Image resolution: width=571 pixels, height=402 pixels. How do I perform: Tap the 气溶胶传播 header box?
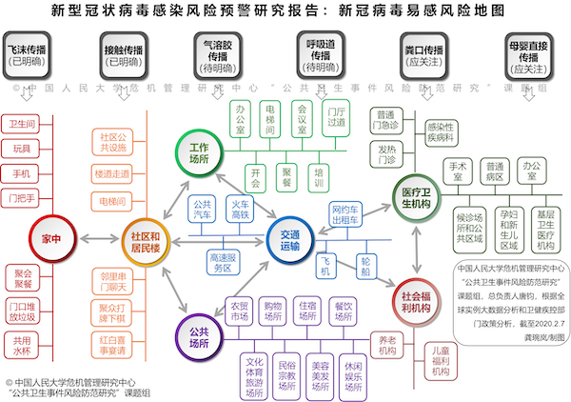[x=216, y=55]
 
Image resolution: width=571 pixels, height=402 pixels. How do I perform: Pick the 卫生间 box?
[x=21, y=125]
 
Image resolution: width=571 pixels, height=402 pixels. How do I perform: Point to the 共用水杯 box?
[x=21, y=344]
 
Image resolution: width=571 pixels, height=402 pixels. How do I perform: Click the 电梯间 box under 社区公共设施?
[x=112, y=202]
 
